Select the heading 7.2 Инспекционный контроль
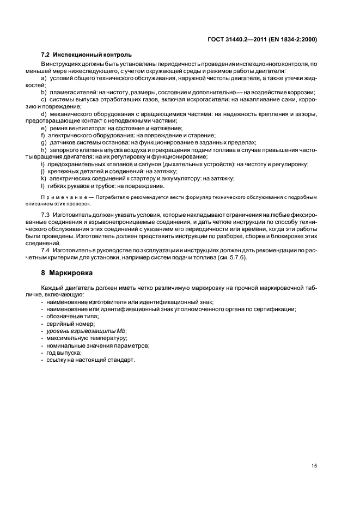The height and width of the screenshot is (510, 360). (86, 55)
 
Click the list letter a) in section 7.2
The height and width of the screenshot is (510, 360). (44, 78)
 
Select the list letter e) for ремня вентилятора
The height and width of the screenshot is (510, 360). (44, 127)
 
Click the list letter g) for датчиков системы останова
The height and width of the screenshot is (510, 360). (44, 142)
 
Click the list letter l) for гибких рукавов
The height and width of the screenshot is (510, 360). (44, 185)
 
